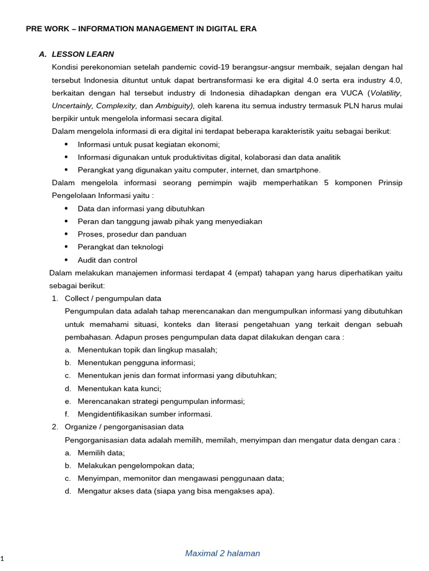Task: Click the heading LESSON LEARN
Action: point(83,54)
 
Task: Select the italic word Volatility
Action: point(386,93)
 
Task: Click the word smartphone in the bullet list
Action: point(301,170)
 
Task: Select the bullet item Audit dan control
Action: point(107,260)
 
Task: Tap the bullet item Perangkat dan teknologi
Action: point(121,247)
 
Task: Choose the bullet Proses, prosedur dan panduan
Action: point(132,234)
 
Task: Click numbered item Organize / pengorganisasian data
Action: point(124,427)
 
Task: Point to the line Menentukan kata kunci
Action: point(120,388)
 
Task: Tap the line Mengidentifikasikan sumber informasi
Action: point(145,414)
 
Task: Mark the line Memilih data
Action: point(101,453)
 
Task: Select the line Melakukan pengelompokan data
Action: point(136,466)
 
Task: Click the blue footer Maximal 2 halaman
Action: point(222,553)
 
